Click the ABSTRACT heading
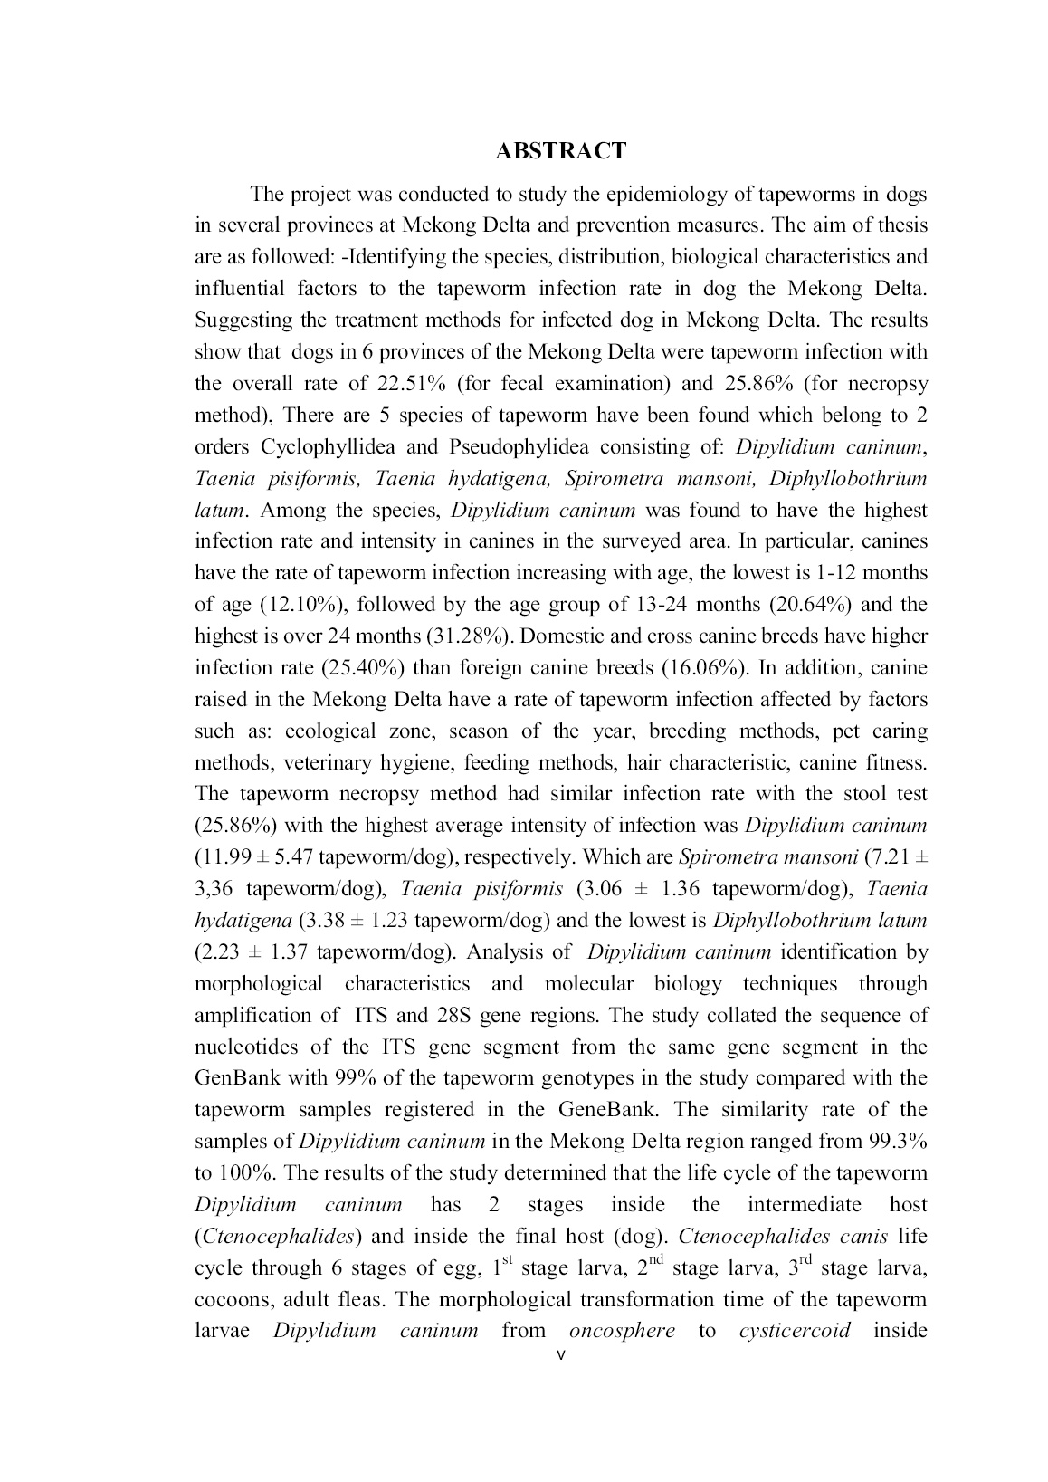(x=560, y=151)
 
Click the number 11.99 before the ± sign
(x=223, y=857)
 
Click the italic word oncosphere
(x=622, y=1331)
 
